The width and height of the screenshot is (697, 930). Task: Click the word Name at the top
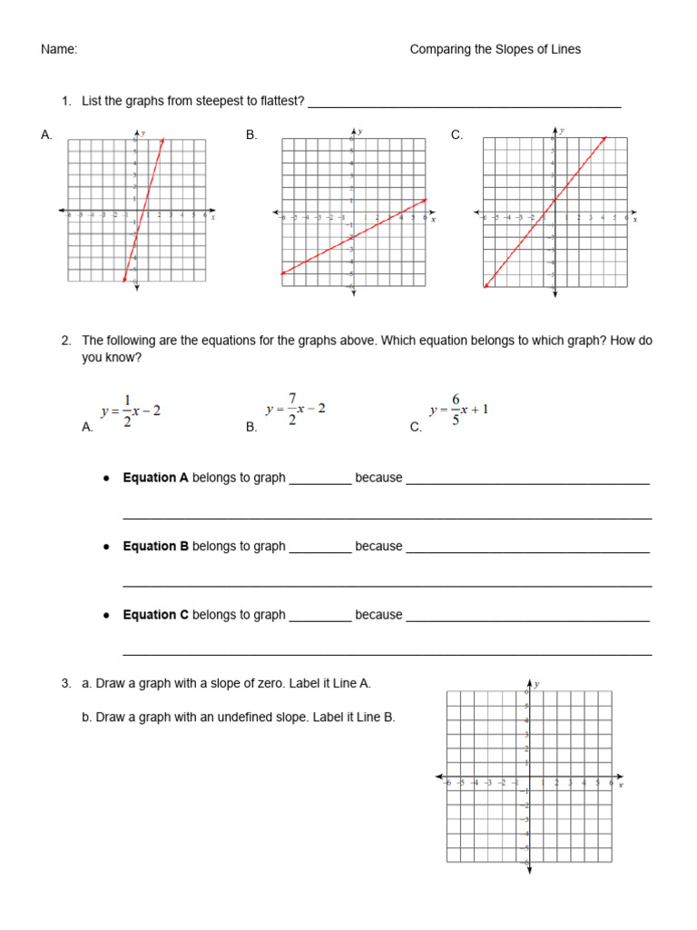pos(59,50)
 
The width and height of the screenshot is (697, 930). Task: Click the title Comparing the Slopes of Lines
pos(495,50)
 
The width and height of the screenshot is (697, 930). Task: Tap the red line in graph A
pos(143,210)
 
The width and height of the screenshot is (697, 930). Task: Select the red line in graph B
pos(354,236)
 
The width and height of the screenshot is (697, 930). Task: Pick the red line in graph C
pos(545,212)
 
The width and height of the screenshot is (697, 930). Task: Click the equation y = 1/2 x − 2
pos(131,411)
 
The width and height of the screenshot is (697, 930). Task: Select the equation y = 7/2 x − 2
pos(295,410)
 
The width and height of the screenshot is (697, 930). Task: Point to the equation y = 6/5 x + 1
pos(458,410)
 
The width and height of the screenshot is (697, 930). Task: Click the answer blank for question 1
pos(464,102)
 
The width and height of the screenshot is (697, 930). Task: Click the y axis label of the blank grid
pos(537,684)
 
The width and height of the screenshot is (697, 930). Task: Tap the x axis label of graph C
pos(634,219)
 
